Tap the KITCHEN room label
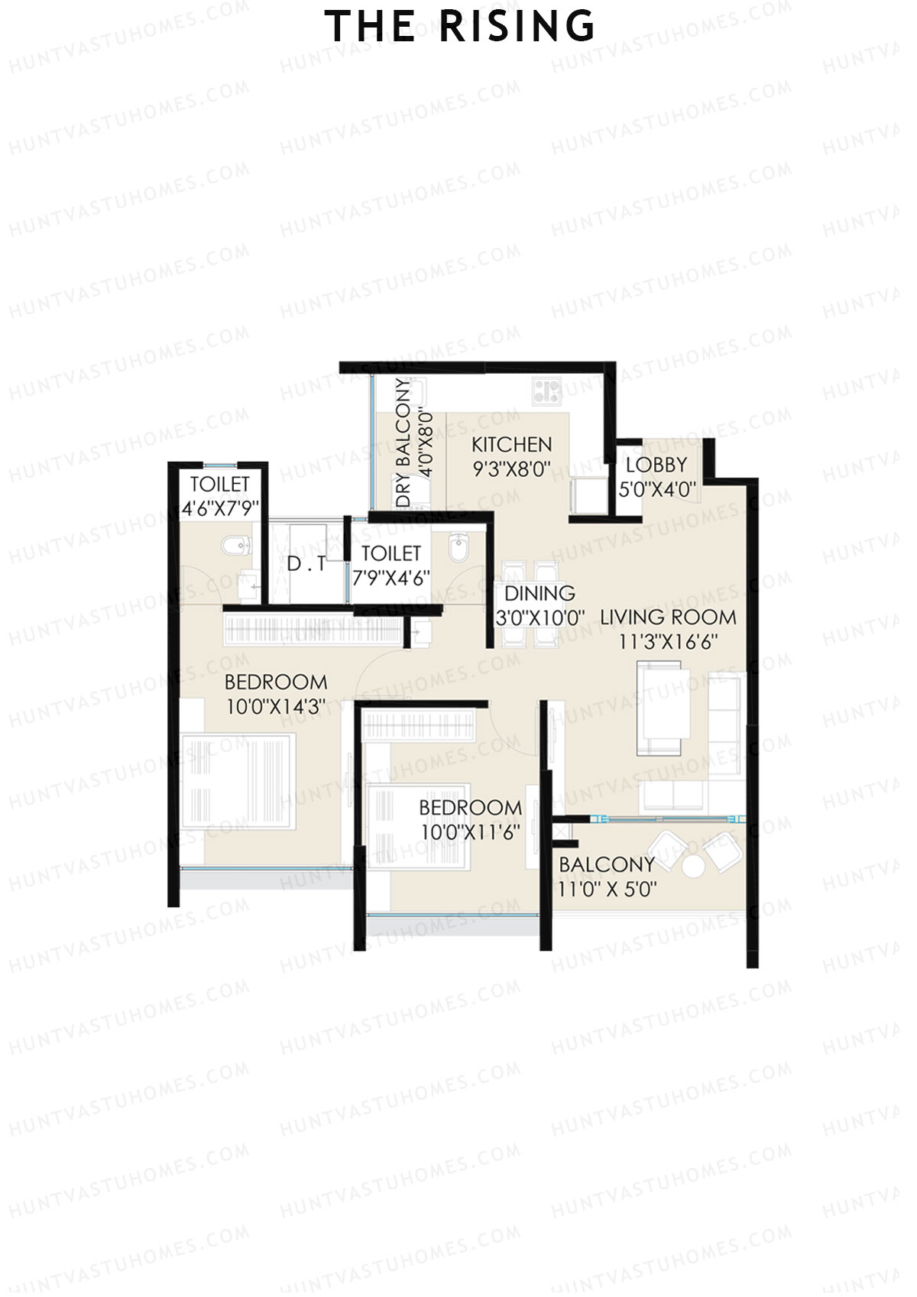511,444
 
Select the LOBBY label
656,465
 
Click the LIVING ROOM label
668,617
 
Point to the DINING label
540,593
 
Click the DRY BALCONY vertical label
403,442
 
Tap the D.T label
306,565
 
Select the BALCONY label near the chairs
607,864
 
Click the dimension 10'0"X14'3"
276,707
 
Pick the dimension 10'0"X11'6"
471,832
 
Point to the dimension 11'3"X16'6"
668,642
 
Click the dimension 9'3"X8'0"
511,469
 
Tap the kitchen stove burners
546,391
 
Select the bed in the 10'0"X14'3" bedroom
238,781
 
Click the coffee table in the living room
663,707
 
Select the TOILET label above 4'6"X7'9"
220,484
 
